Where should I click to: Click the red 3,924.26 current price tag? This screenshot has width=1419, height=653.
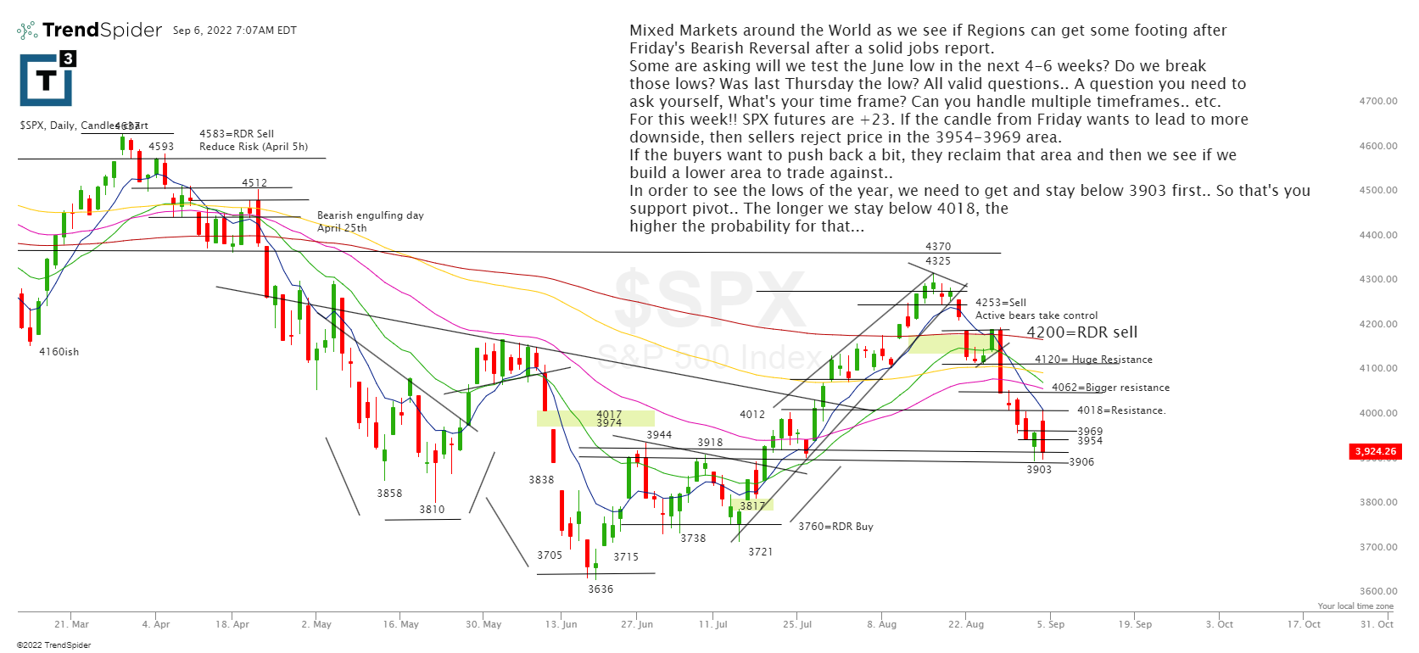1375,451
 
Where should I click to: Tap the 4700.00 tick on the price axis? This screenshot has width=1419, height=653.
1377,101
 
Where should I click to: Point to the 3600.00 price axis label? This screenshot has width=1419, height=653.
1377,591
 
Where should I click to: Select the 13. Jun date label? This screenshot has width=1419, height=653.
561,624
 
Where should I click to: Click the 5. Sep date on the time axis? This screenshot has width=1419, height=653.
1050,624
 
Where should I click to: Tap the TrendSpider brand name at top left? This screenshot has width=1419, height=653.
102,30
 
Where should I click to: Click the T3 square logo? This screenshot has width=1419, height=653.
47,79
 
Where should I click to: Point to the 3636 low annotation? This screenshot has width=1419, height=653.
601,589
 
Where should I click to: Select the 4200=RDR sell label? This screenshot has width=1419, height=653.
1081,332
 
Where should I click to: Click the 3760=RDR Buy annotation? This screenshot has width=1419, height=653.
835,527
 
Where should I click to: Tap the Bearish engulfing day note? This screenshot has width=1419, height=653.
370,215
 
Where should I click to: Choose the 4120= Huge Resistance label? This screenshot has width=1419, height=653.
1093,360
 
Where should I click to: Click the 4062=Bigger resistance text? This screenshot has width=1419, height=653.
1110,388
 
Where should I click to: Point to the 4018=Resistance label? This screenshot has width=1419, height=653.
1120,410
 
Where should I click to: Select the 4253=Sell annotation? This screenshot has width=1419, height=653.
1000,303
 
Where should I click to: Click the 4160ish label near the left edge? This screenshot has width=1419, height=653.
59,352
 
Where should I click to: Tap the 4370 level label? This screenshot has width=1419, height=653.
937,247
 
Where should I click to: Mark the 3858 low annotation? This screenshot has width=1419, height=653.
389,494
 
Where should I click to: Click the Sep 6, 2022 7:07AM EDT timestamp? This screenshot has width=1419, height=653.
235,31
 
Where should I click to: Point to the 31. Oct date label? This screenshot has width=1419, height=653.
1377,624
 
